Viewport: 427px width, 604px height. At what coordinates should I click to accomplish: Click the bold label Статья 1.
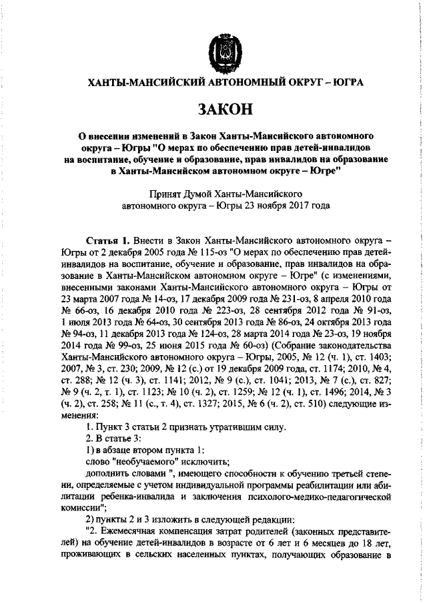click(x=107, y=239)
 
